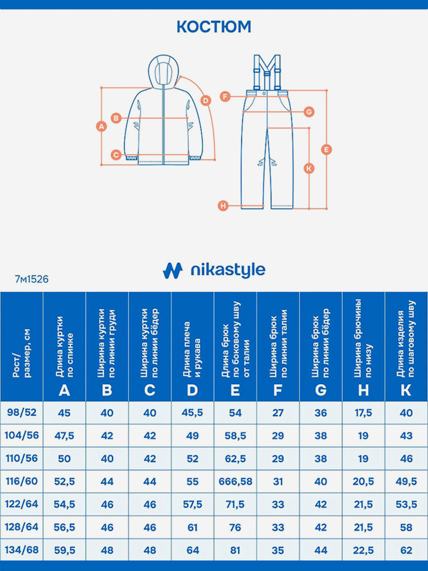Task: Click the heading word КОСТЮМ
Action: pos(214,27)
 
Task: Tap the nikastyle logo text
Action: pos(227,270)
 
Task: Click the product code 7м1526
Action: pos(32,279)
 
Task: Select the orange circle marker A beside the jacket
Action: pos(101,126)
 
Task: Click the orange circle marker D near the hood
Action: pos(206,100)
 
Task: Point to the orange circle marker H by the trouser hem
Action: pos(223,206)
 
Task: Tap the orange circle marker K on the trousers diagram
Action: pos(309,168)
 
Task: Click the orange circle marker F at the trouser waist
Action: pos(225,96)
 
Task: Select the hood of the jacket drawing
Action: pos(163,70)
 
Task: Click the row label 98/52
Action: pos(22,413)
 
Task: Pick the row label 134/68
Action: pos(22,550)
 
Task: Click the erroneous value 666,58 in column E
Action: pos(235,481)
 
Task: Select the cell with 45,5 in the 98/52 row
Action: pos(192,413)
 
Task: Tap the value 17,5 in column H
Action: pos(363,413)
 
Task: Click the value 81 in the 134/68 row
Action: pos(235,550)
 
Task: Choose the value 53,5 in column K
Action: pos(406,504)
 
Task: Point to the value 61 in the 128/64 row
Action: pos(192,527)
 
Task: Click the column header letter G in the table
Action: pos(320,390)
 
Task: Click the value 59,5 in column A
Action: pos(64,550)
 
